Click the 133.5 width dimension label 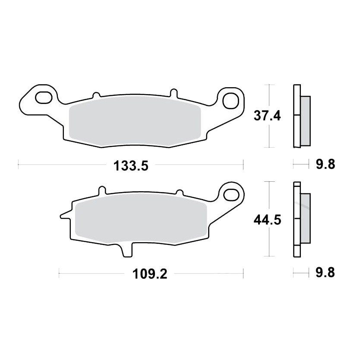coord(131,166)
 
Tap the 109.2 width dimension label coord(150,274)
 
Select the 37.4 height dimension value coord(267,116)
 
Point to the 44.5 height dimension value coord(267,220)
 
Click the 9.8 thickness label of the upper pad coord(325,164)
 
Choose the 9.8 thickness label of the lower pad coord(325,273)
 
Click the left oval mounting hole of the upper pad coord(44,97)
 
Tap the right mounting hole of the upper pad coord(231,101)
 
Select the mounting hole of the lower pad coord(231,195)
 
